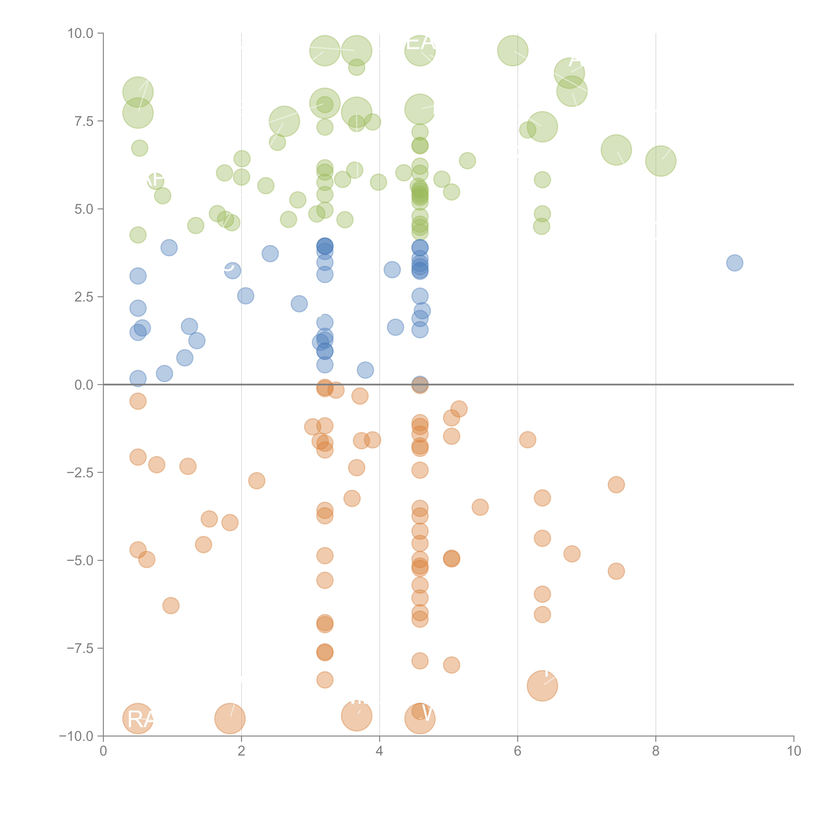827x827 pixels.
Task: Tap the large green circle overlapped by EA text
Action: (x=420, y=50)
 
